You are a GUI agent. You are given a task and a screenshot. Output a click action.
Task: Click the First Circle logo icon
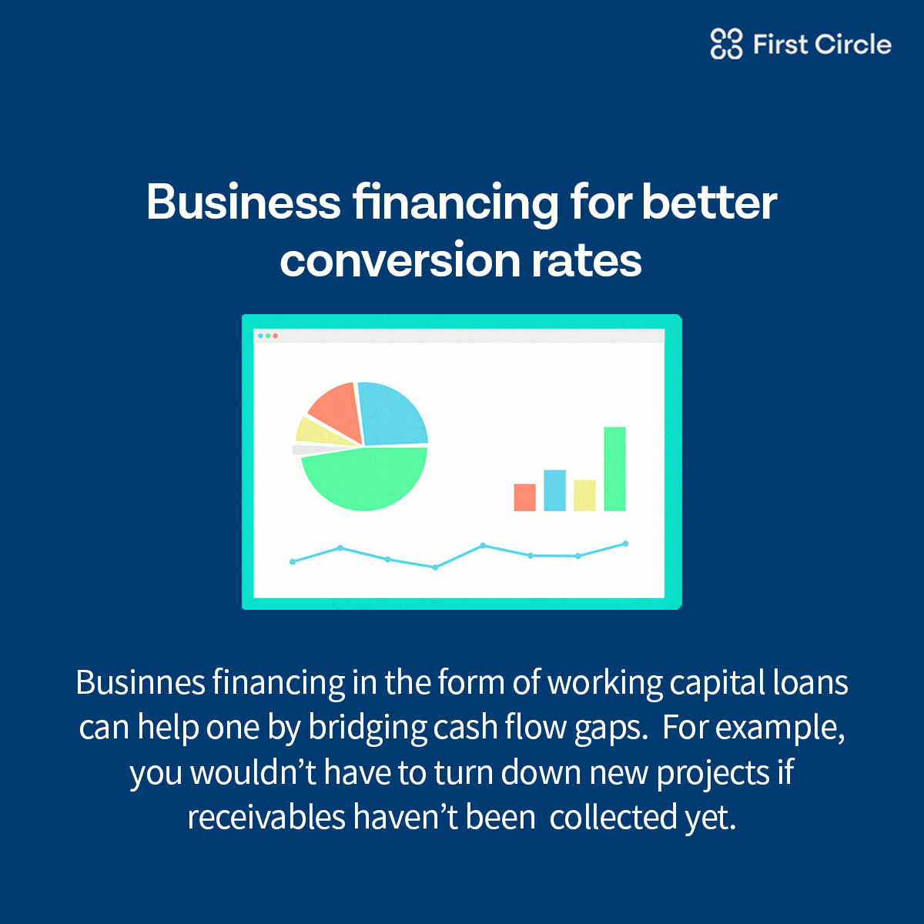point(726,44)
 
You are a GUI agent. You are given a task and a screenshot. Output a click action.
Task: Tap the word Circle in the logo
point(852,45)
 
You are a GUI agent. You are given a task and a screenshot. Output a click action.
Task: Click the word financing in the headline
point(455,204)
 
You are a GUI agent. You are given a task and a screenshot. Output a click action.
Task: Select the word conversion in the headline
point(400,260)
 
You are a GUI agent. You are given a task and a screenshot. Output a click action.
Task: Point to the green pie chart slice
point(364,480)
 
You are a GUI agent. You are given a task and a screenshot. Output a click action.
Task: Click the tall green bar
point(614,469)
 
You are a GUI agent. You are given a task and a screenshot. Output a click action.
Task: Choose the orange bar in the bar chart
point(524,497)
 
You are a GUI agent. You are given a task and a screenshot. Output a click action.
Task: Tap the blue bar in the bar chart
point(554,490)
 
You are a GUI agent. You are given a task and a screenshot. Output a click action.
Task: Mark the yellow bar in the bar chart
point(584,495)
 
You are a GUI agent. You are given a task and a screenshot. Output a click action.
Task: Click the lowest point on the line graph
point(435,567)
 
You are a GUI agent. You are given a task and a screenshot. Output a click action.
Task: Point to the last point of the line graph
point(626,544)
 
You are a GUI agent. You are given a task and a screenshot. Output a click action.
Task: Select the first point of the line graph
point(293,561)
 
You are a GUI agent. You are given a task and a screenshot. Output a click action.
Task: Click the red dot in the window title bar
point(275,336)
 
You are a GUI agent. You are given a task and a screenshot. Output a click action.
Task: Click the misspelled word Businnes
point(140,683)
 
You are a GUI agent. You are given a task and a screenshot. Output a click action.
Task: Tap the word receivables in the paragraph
point(266,818)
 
